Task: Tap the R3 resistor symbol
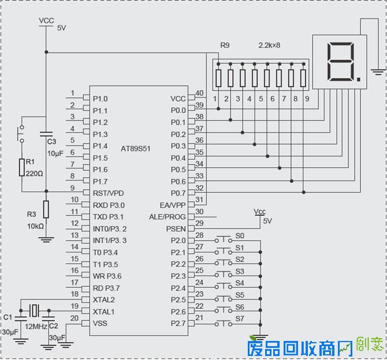[46, 209]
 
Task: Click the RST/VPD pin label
[108, 193]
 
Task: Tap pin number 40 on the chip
[200, 93]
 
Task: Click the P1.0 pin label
[100, 99]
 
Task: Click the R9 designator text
[225, 45]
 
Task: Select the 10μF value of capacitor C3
[55, 154]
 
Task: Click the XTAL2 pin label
[104, 300]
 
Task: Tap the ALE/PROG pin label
[168, 217]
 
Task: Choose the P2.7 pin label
[178, 324]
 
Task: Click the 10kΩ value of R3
[35, 226]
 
